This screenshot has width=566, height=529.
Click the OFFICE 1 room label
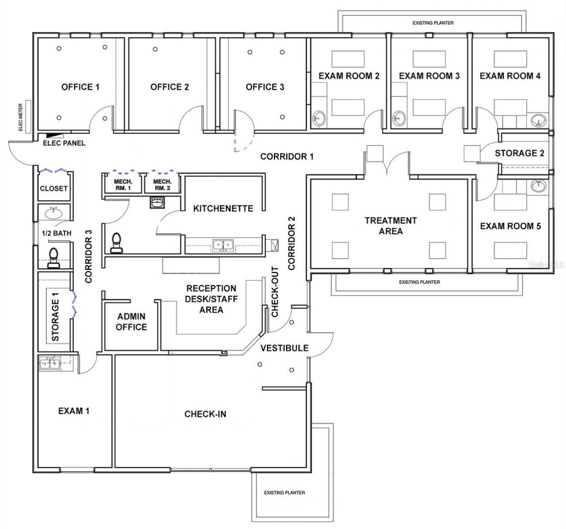coord(80,87)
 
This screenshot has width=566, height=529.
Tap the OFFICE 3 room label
coord(265,87)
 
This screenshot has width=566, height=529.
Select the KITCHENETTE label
coord(223,208)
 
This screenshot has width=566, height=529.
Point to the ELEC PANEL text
coord(64,143)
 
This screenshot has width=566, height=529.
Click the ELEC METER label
coord(20,121)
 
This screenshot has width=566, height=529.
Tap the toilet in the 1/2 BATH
coord(54,257)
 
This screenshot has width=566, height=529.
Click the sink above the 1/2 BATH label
coord(54,212)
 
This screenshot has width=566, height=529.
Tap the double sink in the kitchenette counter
coord(223,244)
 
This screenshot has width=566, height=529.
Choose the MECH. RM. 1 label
coord(123,185)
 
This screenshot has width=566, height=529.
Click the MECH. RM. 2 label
coord(162,185)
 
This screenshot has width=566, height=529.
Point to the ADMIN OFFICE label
coord(131,322)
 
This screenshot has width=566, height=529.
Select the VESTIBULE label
coord(284,348)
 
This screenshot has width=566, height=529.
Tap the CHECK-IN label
coord(205,414)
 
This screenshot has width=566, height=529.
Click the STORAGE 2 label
coord(519,153)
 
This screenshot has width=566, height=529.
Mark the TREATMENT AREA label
coord(390,226)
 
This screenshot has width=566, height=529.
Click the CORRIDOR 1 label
coord(287,156)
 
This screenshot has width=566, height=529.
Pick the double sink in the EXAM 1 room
coord(50,364)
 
